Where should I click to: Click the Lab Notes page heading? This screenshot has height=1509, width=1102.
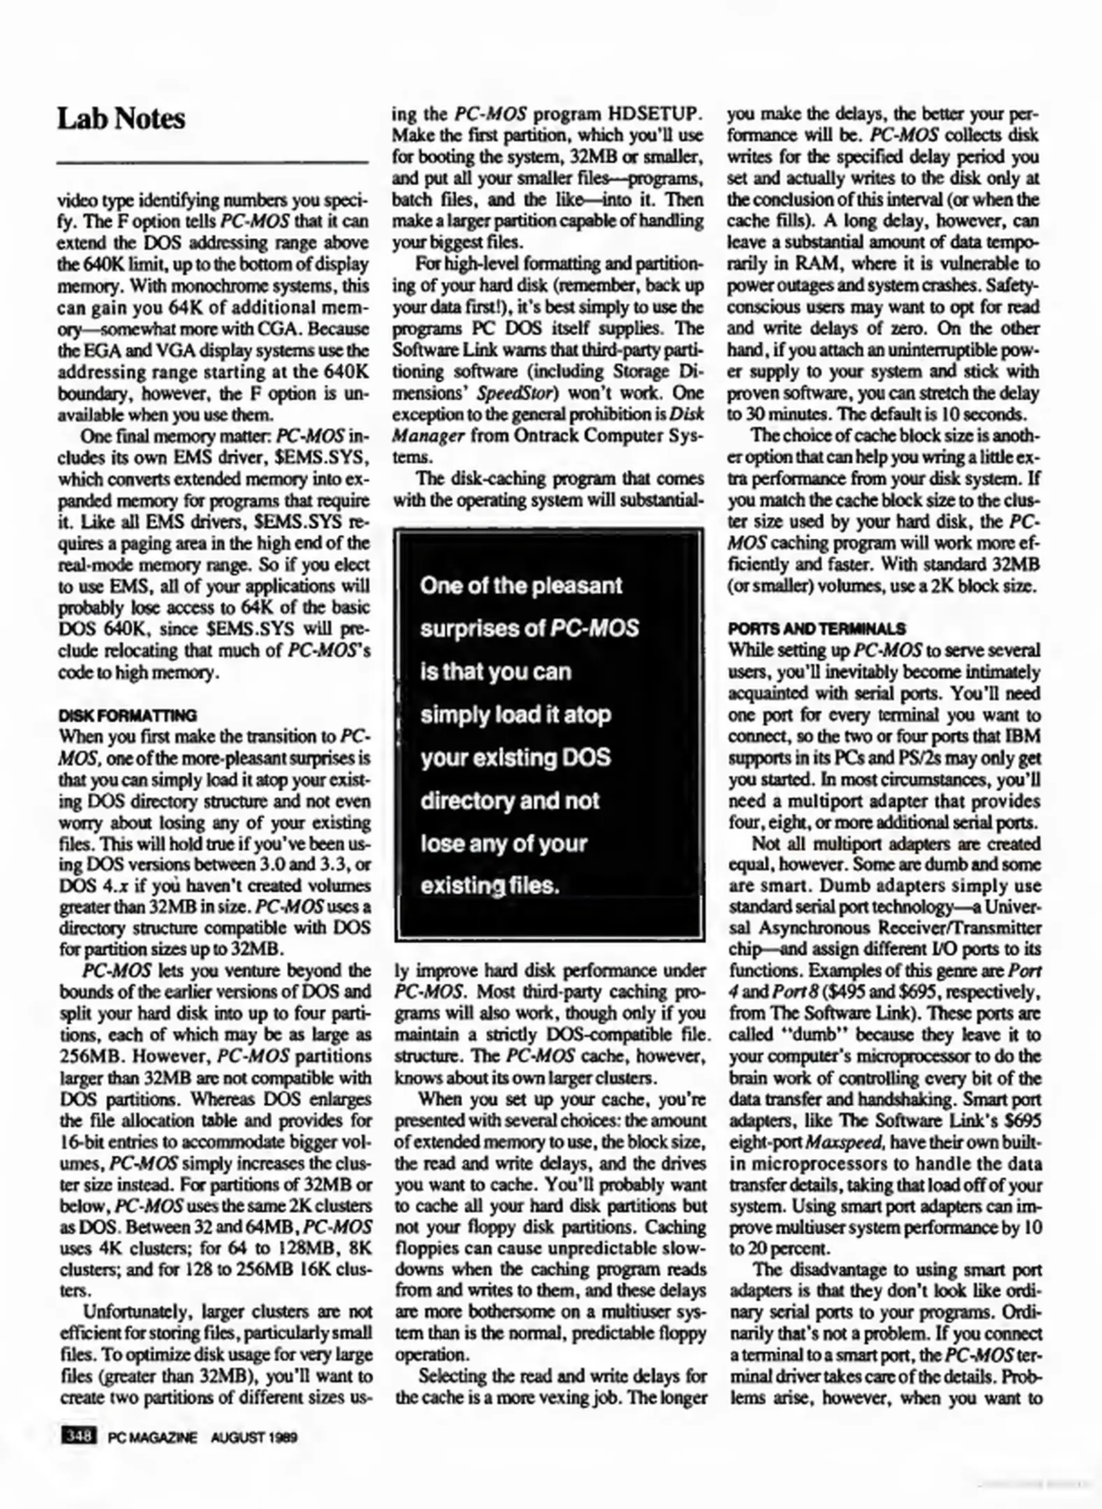pos(121,119)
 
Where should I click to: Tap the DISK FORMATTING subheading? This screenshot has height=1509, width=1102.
pos(127,715)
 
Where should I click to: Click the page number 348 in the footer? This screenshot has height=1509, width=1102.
pos(78,1436)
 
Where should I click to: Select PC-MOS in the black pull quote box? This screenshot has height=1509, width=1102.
pos(595,629)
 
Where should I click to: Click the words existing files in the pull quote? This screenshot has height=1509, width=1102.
pos(490,887)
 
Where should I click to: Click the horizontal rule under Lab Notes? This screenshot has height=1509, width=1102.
pos(212,163)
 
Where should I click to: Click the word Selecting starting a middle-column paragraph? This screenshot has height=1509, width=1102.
pos(451,1376)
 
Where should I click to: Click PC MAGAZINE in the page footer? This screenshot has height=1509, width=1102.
pos(152,1437)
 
